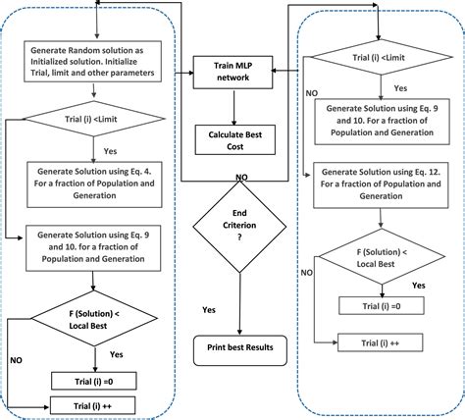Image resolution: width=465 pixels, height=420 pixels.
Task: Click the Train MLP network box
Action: pos(233,70)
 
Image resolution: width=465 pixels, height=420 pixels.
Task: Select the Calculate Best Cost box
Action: pos(233,137)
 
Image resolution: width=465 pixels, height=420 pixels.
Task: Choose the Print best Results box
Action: pos(233,347)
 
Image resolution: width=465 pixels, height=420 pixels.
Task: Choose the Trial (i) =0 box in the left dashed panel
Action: pos(94,379)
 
